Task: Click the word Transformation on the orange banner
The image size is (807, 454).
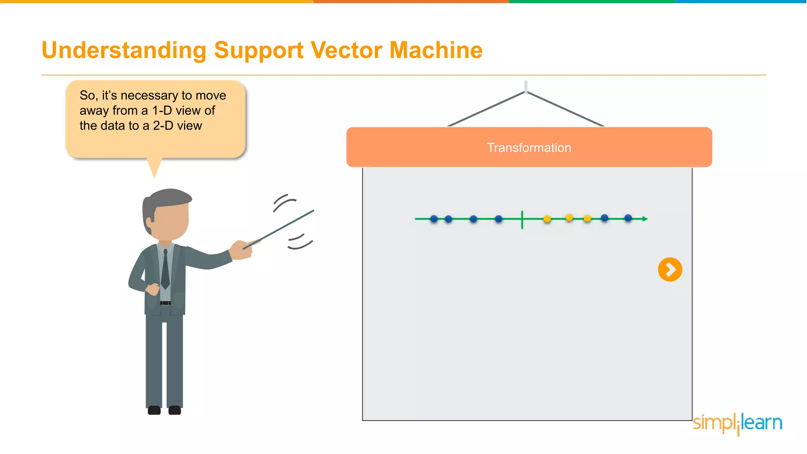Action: pyautogui.click(x=529, y=148)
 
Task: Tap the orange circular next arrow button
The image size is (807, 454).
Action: pyautogui.click(x=670, y=270)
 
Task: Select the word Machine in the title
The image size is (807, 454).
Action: pyautogui.click(x=436, y=50)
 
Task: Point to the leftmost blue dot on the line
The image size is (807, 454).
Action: pyautogui.click(x=434, y=219)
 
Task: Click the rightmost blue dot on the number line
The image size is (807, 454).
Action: pyautogui.click(x=628, y=218)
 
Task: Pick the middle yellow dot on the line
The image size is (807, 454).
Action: pyautogui.click(x=569, y=218)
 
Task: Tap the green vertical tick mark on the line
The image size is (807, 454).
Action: pyautogui.click(x=522, y=220)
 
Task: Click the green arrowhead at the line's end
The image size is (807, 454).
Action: pyautogui.click(x=645, y=219)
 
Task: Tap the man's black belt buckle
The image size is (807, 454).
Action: pyautogui.click(x=165, y=303)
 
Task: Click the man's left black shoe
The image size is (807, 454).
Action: pyautogui.click(x=154, y=410)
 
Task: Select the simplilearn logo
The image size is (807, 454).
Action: pyautogui.click(x=737, y=424)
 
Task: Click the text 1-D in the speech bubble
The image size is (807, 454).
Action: pyautogui.click(x=162, y=111)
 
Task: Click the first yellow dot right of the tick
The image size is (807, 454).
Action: pyautogui.click(x=547, y=219)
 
